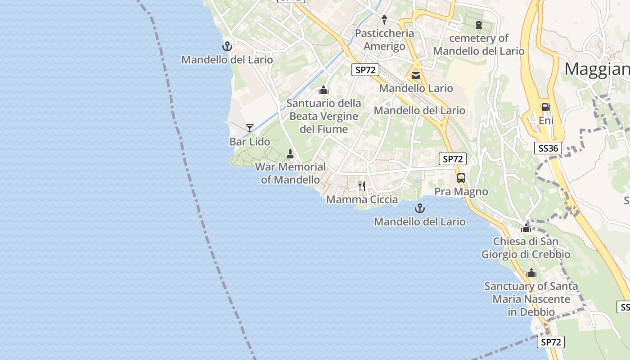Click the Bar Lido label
(x=250, y=142)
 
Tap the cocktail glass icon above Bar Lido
(x=250, y=128)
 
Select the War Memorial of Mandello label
(x=290, y=173)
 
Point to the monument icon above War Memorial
(x=290, y=154)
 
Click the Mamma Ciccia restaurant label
(x=362, y=199)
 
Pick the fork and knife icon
(x=362, y=186)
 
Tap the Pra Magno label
(x=461, y=192)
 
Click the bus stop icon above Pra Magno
(x=461, y=178)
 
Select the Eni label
(x=546, y=121)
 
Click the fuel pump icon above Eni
(x=546, y=107)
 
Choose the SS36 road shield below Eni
(x=549, y=148)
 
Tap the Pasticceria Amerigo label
(x=384, y=40)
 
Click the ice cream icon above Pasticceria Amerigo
(x=384, y=19)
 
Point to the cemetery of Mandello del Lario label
(x=479, y=45)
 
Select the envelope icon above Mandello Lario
(x=416, y=75)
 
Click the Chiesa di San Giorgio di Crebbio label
(x=526, y=248)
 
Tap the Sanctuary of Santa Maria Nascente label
(x=531, y=299)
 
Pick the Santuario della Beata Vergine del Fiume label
(x=324, y=116)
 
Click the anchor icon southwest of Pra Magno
(x=419, y=208)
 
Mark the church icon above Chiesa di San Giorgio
(x=526, y=228)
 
